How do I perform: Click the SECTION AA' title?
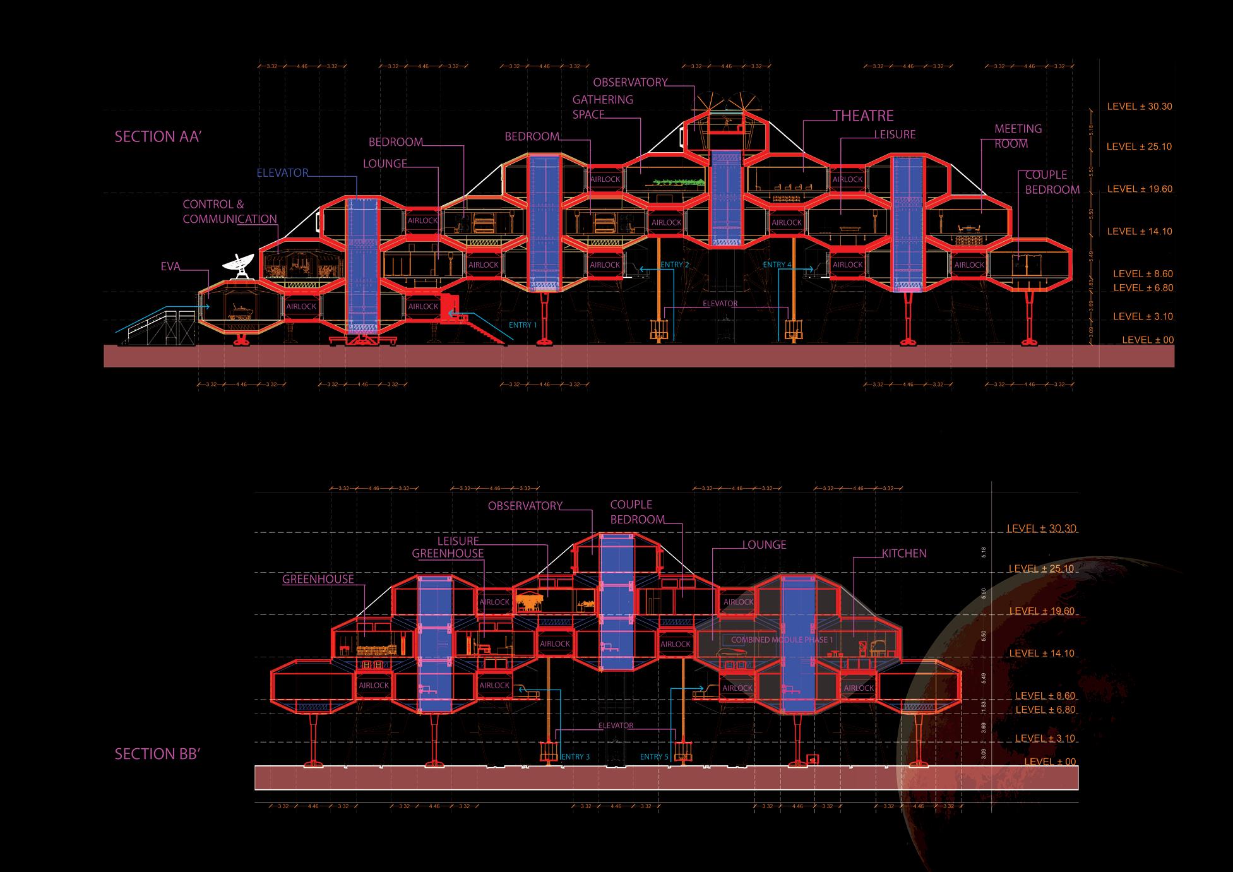pos(158,136)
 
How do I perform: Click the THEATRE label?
pos(863,116)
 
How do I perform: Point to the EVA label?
pos(170,267)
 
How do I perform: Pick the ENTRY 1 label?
pos(522,325)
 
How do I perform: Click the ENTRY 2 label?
pos(674,265)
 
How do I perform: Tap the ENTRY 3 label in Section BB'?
pos(575,756)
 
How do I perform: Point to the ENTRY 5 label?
pos(654,756)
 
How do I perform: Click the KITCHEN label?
pos(904,553)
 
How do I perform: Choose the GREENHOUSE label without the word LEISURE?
pos(318,579)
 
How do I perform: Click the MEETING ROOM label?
pos(1018,136)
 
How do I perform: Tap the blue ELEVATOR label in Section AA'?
pos(282,172)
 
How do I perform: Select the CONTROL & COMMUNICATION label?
pos(230,212)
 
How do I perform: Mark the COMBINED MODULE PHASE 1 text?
pos(782,640)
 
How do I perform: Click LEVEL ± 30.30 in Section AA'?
pos(1139,107)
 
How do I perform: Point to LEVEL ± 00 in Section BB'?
pos(1049,762)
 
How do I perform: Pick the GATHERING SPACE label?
pos(602,107)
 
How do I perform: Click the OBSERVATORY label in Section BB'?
pos(525,506)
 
